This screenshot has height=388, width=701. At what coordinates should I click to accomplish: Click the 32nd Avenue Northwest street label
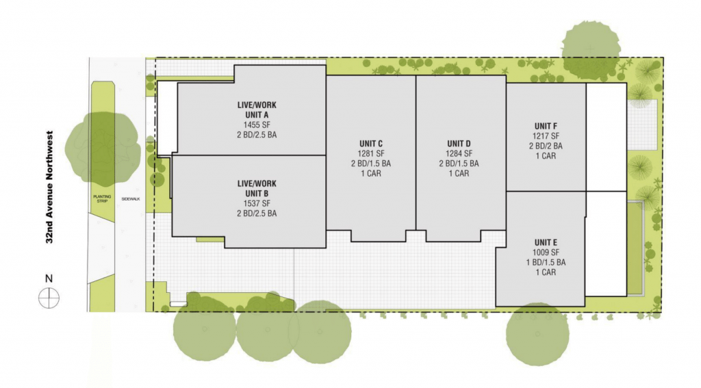49,187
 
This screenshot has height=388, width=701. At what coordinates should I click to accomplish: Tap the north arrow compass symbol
49,298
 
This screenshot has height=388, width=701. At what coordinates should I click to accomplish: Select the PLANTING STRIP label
102,198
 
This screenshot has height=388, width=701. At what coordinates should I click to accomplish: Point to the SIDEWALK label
131,199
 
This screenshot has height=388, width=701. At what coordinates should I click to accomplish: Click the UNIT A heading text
257,115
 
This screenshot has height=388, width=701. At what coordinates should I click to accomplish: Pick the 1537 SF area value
257,203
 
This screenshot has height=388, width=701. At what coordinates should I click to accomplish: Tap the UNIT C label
371,144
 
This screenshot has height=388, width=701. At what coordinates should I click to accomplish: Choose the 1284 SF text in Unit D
459,154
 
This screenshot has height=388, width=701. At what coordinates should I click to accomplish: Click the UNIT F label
546,126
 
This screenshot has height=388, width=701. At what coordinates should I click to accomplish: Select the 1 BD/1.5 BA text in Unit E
546,262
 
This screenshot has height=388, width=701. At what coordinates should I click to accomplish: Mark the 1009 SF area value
546,253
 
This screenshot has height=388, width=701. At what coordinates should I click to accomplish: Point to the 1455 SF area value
257,125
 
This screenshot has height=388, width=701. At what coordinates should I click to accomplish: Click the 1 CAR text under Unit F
546,156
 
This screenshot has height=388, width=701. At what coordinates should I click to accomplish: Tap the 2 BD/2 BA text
546,146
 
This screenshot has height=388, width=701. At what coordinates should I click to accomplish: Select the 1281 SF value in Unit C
371,154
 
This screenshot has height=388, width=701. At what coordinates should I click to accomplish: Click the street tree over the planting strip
103,148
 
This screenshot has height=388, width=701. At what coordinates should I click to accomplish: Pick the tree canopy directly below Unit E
537,335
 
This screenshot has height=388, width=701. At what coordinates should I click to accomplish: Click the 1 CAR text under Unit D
459,173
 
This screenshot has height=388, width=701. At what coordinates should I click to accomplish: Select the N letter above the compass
49,279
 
